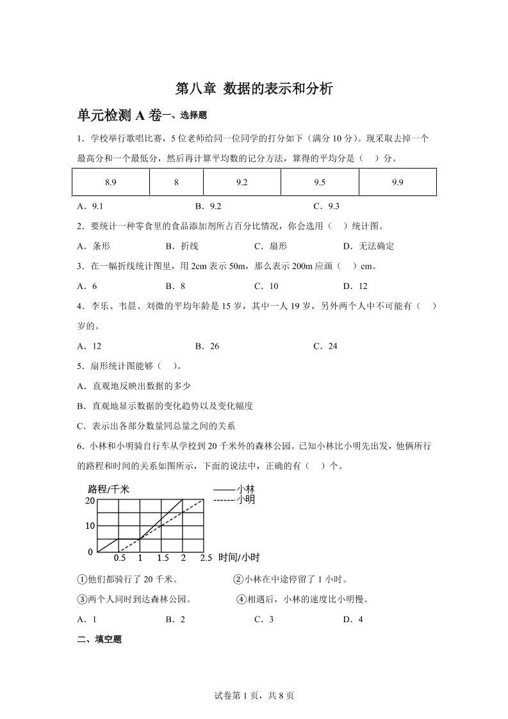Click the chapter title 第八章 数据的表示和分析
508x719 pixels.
[x=254, y=89]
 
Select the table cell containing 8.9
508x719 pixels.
[x=110, y=182]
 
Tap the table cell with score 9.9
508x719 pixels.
[x=397, y=182]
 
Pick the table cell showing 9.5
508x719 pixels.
[x=320, y=182]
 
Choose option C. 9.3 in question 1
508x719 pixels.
[x=326, y=206]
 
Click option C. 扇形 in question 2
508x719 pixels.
[x=270, y=246]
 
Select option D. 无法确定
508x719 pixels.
[x=368, y=246]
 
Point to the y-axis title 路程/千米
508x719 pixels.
[x=107, y=489]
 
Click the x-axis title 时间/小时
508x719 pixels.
[x=239, y=558]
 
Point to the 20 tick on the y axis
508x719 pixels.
[x=90, y=500]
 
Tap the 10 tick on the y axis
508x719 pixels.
[x=90, y=526]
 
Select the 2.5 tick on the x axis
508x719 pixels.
[x=206, y=558]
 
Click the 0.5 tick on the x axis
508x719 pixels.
[x=119, y=558]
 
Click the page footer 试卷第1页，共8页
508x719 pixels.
[x=254, y=696]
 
